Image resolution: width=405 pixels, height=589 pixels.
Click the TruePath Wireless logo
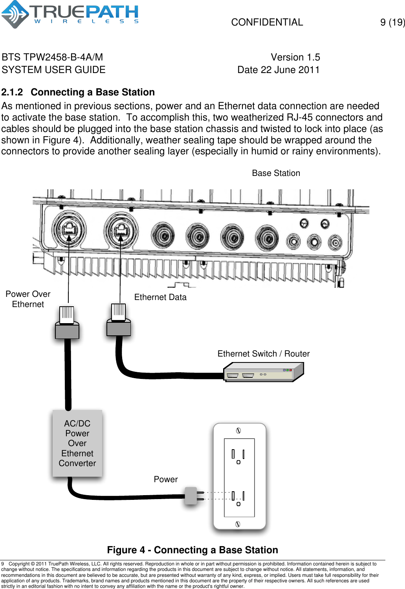[x=70, y=15]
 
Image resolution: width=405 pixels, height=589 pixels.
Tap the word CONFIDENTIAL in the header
[x=267, y=22]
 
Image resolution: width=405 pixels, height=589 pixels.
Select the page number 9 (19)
[x=392, y=22]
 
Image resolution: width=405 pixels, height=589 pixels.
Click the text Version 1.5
[x=295, y=57]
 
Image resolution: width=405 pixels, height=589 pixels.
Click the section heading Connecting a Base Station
[x=92, y=92]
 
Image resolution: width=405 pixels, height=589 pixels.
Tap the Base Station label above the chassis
[x=276, y=173]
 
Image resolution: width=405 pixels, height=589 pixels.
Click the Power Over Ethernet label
[x=28, y=299]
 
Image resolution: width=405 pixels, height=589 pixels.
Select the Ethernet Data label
[x=160, y=297]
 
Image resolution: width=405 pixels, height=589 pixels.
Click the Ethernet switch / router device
[x=263, y=372]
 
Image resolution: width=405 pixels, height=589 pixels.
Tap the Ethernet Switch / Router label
[x=263, y=354]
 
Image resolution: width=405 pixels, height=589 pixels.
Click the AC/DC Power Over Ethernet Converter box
[x=77, y=443]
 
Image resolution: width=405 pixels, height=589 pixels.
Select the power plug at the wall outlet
[x=191, y=496]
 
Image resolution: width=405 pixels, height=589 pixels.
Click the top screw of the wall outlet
[x=238, y=431]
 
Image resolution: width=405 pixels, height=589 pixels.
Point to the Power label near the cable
[x=165, y=479]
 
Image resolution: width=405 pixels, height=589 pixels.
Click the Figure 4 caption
[x=192, y=550]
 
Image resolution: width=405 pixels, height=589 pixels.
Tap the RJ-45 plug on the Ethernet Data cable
[x=119, y=320]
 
